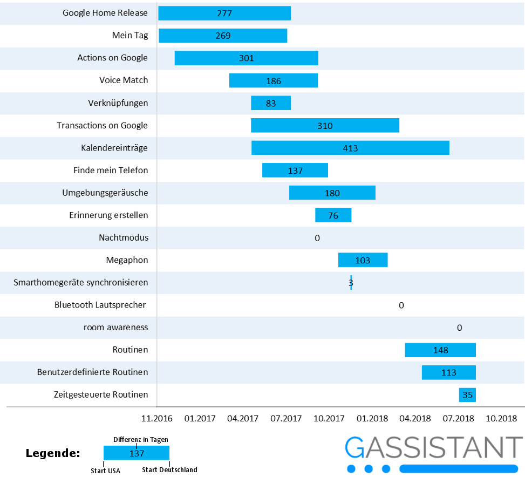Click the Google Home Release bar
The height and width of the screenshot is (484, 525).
coord(224,13)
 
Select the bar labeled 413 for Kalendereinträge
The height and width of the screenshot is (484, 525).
coord(350,148)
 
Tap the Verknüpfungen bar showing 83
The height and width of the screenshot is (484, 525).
coord(270,103)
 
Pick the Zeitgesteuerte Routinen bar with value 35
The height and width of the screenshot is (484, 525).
coord(467,395)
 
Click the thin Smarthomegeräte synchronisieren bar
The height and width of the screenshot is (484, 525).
coord(351,282)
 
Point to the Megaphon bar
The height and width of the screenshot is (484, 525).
coord(363,260)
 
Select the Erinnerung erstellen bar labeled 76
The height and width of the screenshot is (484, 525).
coord(333,215)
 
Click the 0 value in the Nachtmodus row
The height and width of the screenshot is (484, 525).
coord(317,238)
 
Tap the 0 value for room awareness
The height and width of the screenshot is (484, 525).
coord(459,328)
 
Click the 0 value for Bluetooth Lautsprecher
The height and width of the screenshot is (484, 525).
coord(401,305)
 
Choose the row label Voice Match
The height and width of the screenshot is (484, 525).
coord(124,80)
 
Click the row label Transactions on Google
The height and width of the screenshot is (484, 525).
coord(103,125)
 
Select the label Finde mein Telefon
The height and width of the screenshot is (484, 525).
coord(111,171)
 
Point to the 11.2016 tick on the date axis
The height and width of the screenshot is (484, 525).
coord(156,418)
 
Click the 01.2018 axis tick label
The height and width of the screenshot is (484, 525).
coord(371,418)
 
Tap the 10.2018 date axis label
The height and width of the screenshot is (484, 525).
coord(501,418)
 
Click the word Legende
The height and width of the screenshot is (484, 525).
coord(53,453)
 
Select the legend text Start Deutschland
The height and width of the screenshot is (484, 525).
coord(169,470)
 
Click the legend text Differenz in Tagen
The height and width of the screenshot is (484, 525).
coord(140,440)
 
